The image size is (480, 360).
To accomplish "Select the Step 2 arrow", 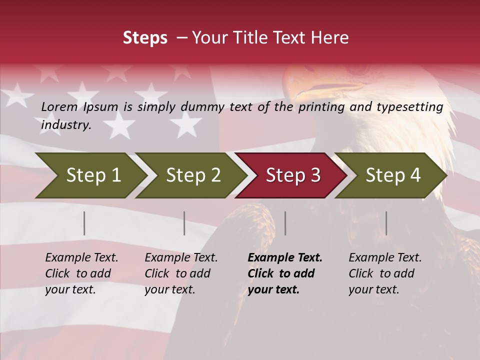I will click(192, 175).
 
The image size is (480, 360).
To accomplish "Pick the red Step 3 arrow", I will click(292, 175).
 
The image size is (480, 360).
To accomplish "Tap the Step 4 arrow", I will click(392, 175).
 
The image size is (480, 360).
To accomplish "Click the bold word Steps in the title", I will click(145, 38).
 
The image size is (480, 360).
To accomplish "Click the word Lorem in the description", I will click(59, 107).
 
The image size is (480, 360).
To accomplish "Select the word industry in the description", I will click(66, 125).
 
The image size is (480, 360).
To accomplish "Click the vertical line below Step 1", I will click(84, 223).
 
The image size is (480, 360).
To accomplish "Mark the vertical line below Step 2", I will click(184, 223).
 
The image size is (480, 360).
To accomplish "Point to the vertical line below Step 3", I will click(285, 223).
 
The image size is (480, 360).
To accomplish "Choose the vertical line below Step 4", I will click(386, 223).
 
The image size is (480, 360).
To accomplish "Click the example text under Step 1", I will click(81, 273).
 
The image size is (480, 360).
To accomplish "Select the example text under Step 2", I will click(181, 273).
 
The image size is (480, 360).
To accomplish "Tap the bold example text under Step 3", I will click(285, 273).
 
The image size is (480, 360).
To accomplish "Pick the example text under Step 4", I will click(385, 273).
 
